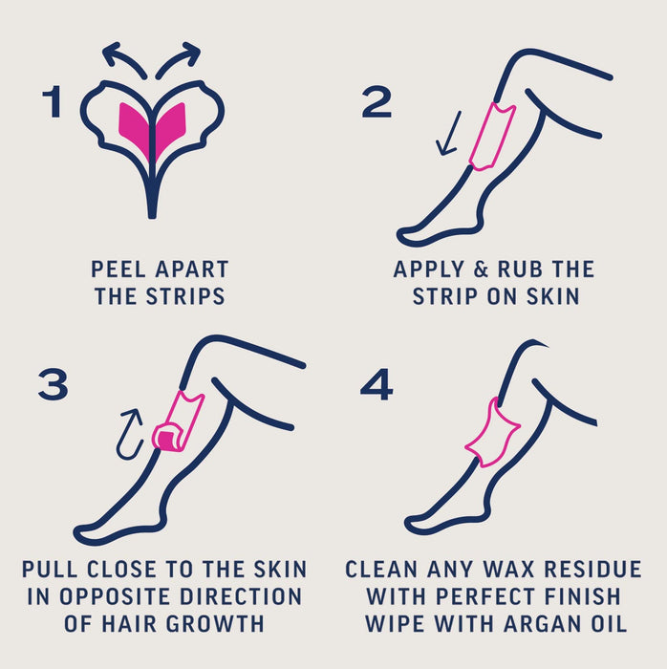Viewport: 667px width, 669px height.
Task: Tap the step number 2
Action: point(377,103)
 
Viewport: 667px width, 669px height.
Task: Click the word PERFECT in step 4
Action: point(484,597)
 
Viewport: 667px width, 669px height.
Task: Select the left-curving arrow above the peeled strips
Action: point(122,57)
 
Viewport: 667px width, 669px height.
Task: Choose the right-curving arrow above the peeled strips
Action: point(180,57)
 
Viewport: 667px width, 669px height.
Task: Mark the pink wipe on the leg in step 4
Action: point(492,433)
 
